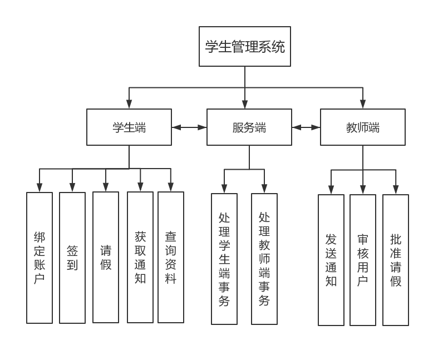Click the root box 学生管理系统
click(245, 47)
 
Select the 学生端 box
click(129, 127)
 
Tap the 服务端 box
click(249, 127)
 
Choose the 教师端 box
click(363, 127)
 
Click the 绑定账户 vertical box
click(40, 258)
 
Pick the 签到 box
click(72, 258)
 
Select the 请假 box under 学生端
click(106, 257)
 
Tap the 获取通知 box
click(140, 257)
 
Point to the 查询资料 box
click(171, 257)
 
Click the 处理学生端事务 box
click(224, 259)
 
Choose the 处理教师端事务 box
click(264, 259)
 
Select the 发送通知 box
click(331, 260)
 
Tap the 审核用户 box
click(363, 260)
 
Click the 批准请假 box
click(396, 260)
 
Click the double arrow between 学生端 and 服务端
click(189, 127)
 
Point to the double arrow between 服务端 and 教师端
click(306, 127)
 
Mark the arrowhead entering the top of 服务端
click(245, 105)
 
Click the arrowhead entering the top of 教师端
click(363, 105)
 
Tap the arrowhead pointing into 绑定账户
click(40, 188)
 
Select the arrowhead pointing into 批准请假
click(396, 190)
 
